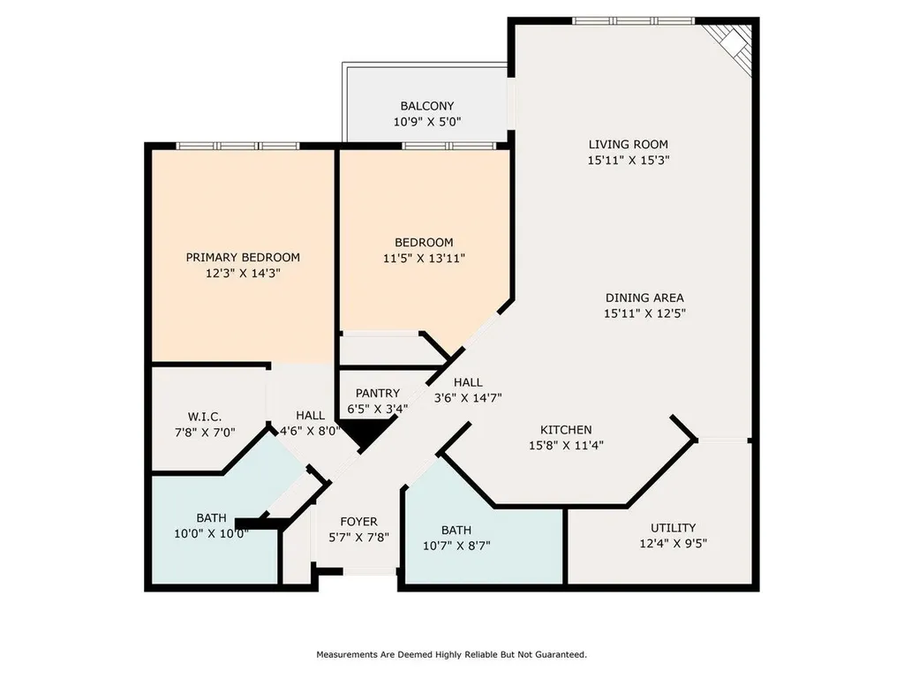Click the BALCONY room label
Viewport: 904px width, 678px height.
[427, 106]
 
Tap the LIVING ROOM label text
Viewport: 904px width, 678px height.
[628, 145]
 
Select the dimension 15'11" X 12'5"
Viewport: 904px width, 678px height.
[644, 313]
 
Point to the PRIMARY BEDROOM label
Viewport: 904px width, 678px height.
[243, 258]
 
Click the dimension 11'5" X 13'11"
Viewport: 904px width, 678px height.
[424, 259]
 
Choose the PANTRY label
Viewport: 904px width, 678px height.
[378, 393]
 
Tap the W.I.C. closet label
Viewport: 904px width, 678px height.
[205, 417]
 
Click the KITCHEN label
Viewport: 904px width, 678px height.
[566, 430]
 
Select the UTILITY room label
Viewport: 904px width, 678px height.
[673, 528]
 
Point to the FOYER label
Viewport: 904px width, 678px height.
[358, 522]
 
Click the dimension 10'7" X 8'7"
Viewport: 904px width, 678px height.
[456, 546]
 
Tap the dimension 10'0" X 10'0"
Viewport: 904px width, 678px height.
[211, 534]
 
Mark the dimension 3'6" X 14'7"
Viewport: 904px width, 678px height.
[468, 398]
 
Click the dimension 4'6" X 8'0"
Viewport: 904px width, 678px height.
[310, 431]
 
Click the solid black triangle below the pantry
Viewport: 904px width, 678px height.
[366, 433]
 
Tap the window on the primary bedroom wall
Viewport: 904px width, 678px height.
[238, 146]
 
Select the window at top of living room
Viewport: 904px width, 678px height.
[634, 21]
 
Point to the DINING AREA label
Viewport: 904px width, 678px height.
[644, 298]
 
